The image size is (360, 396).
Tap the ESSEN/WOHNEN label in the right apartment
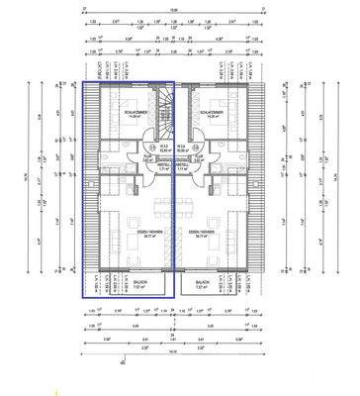[x=214, y=234]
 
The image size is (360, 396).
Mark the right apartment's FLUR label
[x=198, y=156]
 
